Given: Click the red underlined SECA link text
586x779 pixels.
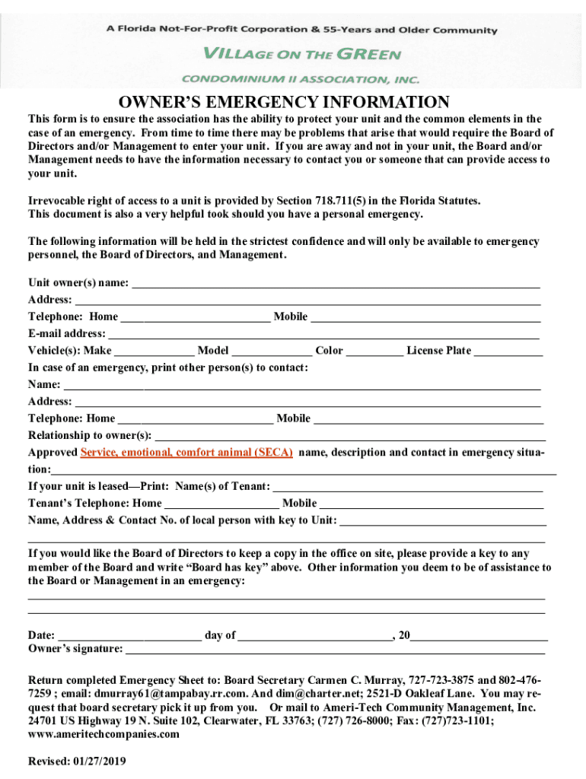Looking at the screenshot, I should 186,453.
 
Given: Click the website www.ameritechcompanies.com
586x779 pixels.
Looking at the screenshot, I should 104,734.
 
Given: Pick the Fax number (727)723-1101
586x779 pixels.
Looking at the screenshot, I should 457,720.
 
